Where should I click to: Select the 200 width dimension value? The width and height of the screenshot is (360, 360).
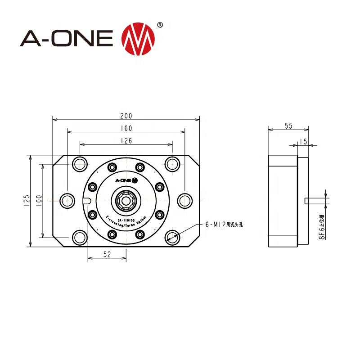tap(126, 116)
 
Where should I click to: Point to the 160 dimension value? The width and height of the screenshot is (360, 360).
tap(126, 128)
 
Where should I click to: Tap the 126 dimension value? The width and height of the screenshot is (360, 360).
tap(126, 141)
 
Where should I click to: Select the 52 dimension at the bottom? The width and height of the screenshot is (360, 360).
tap(107, 254)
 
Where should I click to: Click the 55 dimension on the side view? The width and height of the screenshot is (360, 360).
tap(288, 126)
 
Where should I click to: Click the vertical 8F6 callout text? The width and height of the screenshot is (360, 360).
tap(322, 227)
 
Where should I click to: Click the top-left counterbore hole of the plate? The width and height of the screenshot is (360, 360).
tap(80, 164)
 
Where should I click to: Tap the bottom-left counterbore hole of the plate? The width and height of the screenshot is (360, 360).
tap(80, 236)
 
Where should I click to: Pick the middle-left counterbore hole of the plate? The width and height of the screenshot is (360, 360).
tap(67, 200)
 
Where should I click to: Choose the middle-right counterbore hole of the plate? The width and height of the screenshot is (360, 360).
tap(184, 200)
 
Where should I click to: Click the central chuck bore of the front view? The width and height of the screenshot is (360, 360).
tap(126, 200)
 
